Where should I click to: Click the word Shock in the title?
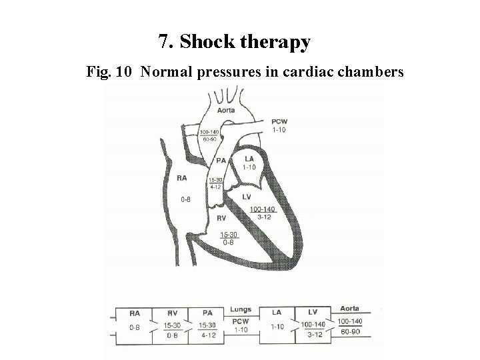(207, 42)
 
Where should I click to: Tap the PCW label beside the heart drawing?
(279, 121)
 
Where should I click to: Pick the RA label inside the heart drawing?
(183, 177)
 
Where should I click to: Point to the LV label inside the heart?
(246, 197)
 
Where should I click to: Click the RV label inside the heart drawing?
(221, 217)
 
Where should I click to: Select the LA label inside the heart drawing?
(249, 159)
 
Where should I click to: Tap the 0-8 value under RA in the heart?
(187, 199)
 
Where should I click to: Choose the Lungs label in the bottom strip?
(241, 309)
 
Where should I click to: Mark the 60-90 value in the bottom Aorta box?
(350, 331)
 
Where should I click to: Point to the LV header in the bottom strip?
(313, 311)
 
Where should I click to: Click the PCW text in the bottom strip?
(240, 321)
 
